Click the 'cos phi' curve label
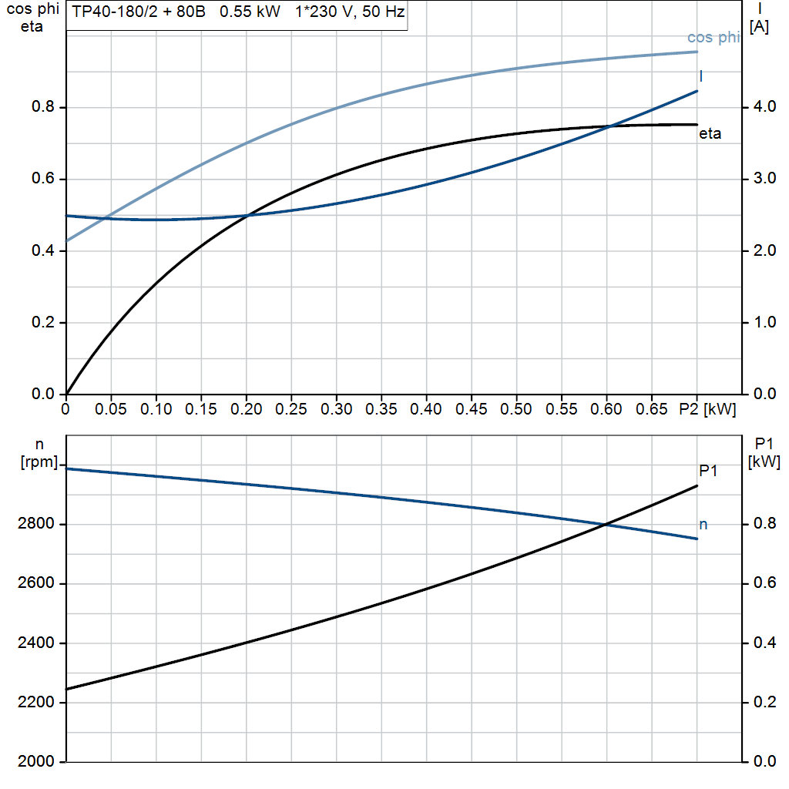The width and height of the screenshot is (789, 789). (713, 38)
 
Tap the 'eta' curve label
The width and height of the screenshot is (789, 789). (710, 134)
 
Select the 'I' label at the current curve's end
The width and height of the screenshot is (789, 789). (701, 76)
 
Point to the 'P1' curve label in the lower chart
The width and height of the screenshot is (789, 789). (708, 471)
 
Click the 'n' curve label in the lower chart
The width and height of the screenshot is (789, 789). (703, 525)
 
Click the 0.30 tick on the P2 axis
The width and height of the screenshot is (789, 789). (336, 409)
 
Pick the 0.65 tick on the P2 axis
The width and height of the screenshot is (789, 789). (652, 409)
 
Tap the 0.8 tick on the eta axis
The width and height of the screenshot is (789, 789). (42, 107)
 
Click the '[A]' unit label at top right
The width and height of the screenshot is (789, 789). (759, 27)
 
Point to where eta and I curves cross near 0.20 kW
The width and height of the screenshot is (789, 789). (247, 215)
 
